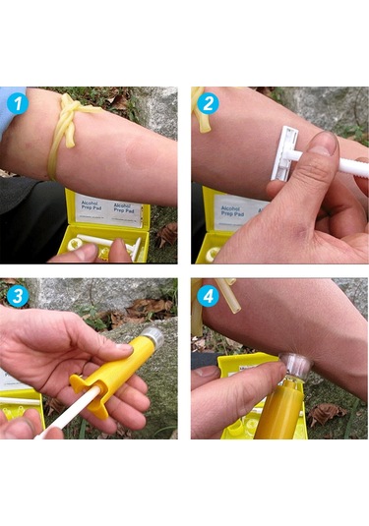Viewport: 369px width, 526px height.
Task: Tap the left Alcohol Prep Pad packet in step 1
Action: (x=92, y=209)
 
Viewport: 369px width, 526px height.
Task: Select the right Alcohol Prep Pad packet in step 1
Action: (x=125, y=209)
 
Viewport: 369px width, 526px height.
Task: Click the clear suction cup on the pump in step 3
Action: (x=152, y=337)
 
